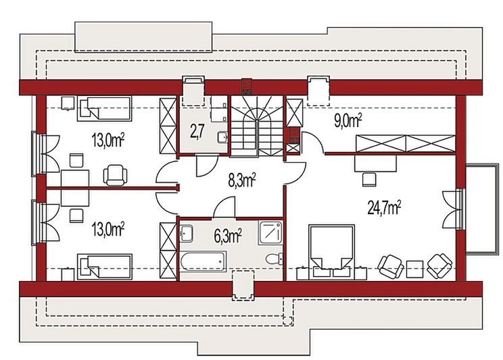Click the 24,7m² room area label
384,207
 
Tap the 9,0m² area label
348,121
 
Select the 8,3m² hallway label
240,180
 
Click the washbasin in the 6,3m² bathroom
186,233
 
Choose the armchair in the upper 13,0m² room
115,174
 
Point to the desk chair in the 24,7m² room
369,178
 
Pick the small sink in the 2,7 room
222,137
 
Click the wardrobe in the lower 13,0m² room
167,250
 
